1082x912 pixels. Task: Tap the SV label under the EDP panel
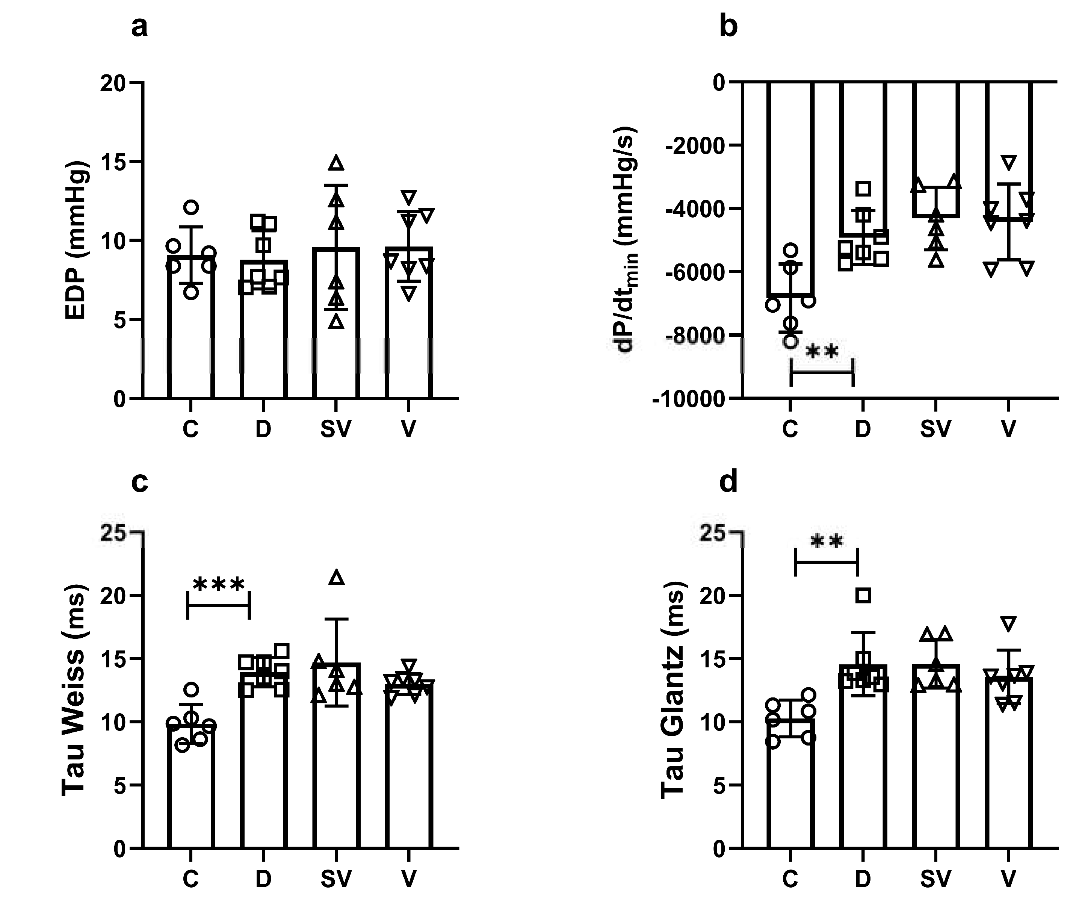tap(335, 429)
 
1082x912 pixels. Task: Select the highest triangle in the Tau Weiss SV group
tap(337, 578)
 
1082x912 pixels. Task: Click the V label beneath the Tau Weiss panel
tap(408, 879)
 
